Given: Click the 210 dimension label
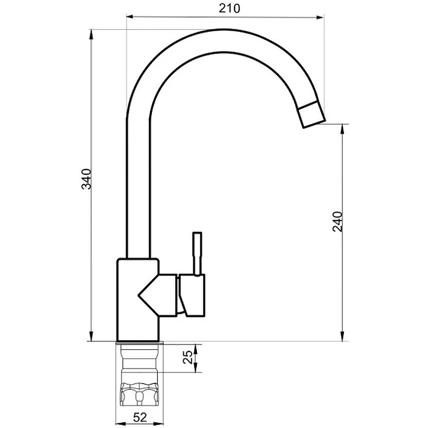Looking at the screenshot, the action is tap(230, 9).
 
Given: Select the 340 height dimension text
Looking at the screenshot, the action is tap(87, 179).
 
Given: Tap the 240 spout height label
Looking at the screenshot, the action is tap(338, 221).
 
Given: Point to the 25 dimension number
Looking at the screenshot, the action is tap(187, 357).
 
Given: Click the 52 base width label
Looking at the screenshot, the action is tap(140, 417).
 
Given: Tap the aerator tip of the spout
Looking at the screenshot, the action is tap(311, 114).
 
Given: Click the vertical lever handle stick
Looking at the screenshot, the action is tap(197, 254).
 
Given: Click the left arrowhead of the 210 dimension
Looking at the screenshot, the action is tap(129, 17).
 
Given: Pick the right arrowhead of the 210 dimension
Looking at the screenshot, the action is tap(320, 18).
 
